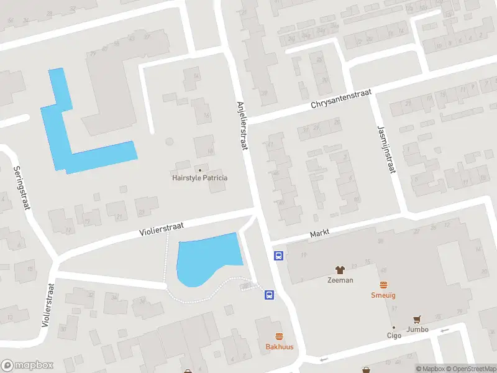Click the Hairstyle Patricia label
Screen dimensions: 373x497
point(199,178)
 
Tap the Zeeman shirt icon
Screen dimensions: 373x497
point(340,270)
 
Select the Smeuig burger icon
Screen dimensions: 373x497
point(383,285)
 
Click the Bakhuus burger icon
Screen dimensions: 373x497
point(279,336)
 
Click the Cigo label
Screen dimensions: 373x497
point(394,335)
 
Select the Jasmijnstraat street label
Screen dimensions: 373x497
point(386,149)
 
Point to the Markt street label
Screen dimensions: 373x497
point(319,233)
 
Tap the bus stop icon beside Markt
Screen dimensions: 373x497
point(279,256)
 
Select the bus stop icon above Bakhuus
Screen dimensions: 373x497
point(270,295)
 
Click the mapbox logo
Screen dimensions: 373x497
point(27,366)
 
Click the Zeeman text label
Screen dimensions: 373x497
point(340,280)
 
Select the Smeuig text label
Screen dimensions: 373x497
point(383,295)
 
